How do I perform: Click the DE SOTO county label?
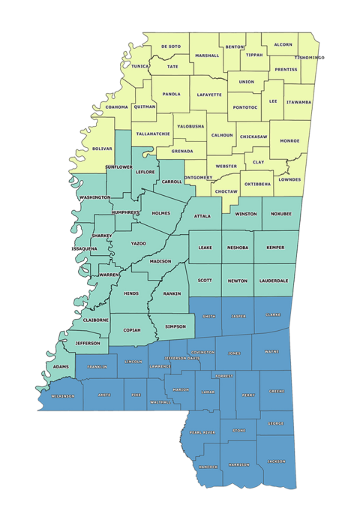tap(171, 47)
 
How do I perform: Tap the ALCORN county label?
tap(283, 44)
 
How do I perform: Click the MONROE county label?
tap(289, 140)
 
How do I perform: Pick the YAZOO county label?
tap(139, 244)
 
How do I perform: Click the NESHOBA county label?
tap(238, 247)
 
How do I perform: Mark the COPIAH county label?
tap(131, 329)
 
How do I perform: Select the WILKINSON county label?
tap(62, 395)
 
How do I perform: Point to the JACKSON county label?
tap(275, 461)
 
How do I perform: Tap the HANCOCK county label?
tap(208, 467)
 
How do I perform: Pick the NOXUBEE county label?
tap(281, 214)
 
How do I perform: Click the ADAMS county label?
tap(62, 367)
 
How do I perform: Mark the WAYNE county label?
tap(272, 351)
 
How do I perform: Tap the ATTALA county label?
tap(202, 216)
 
